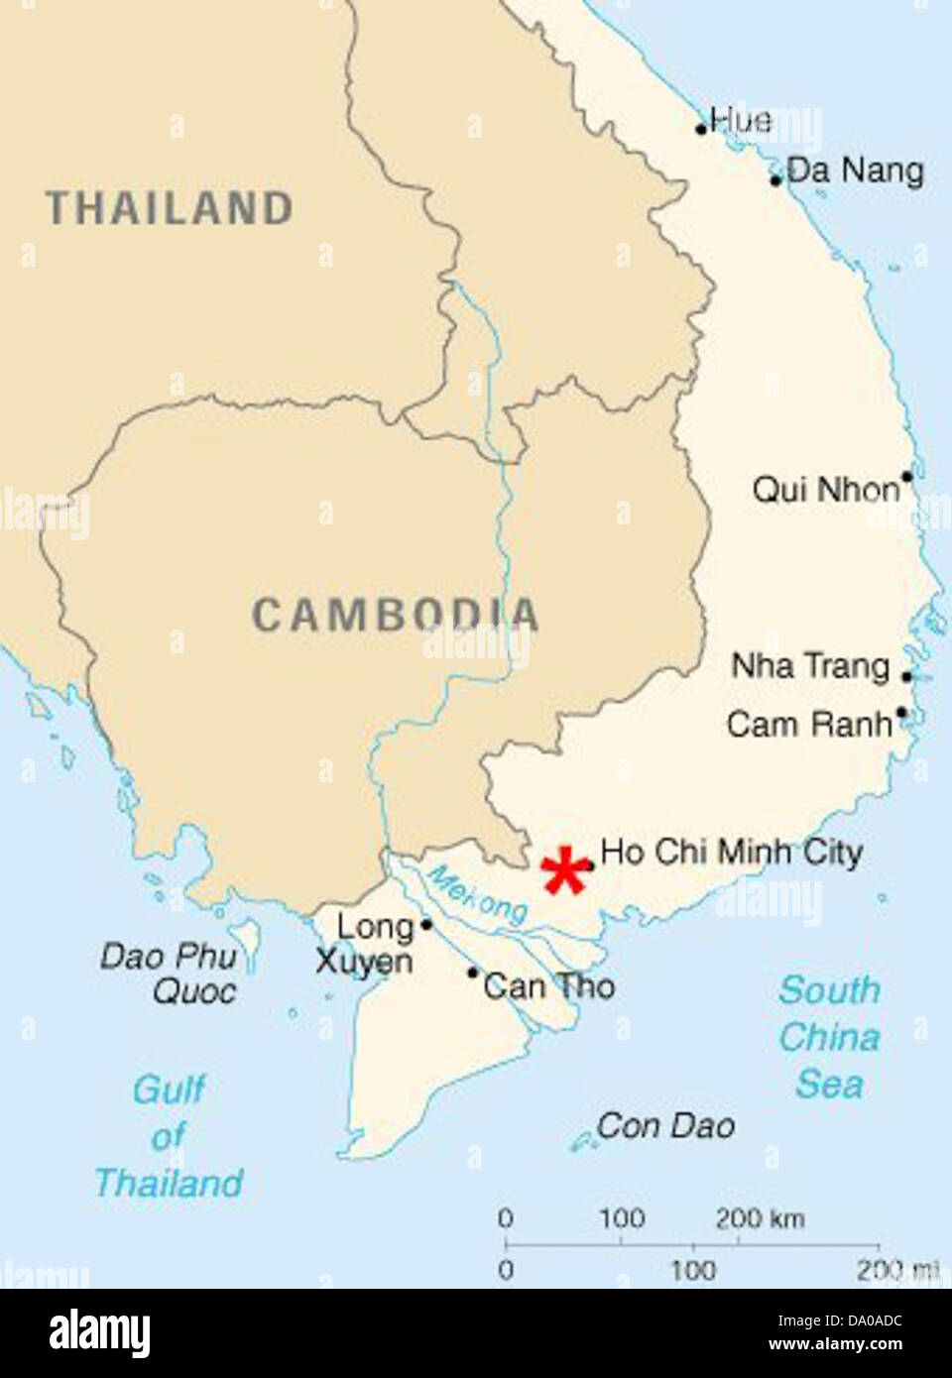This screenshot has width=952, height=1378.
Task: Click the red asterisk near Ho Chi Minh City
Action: click(564, 871)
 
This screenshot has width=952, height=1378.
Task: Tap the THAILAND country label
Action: click(170, 208)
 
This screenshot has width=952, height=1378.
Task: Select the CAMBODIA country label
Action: click(395, 615)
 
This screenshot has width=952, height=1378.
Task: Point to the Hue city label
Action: click(741, 121)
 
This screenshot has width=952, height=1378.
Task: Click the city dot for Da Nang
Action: click(776, 180)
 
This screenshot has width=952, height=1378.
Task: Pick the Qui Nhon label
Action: click(826, 489)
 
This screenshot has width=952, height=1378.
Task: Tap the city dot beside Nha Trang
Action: click(906, 676)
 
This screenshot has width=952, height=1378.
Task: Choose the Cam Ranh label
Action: click(809, 724)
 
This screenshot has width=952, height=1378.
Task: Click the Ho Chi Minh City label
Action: click(732, 852)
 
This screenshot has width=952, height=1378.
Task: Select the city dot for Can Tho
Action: click(473, 973)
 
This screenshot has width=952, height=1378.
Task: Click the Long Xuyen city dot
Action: click(426, 925)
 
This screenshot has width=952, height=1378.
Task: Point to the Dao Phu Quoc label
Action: click(170, 974)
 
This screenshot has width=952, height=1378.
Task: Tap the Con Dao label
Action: click(665, 1126)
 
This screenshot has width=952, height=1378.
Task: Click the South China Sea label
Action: click(829, 1037)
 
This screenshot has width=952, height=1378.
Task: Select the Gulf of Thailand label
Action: click(169, 1136)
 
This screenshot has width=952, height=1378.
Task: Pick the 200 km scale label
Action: click(760, 1218)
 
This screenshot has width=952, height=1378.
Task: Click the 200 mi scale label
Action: click(897, 1270)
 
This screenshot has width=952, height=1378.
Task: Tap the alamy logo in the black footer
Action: click(99, 1332)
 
